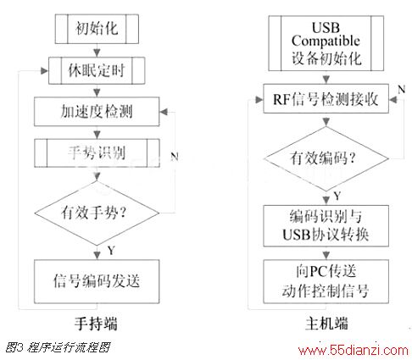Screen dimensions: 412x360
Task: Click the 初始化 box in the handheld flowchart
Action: [97, 29]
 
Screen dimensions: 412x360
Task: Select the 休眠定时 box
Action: [97, 70]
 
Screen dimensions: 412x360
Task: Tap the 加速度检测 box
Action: [97, 112]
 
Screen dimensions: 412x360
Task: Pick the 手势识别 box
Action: [97, 153]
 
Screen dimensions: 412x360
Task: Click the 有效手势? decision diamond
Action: [97, 213]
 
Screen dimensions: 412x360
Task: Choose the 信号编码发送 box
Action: [97, 281]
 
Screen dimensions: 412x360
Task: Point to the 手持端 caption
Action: [96, 324]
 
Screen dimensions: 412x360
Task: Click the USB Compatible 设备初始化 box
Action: [326, 43]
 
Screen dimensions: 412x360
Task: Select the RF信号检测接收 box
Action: [326, 99]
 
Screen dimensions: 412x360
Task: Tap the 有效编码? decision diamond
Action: [326, 158]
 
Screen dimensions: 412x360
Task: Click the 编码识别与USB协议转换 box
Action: [326, 226]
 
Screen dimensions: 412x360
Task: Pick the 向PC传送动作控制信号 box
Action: [326, 281]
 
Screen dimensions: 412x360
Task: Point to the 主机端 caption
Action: [326, 324]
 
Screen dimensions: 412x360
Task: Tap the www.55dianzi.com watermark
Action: [354, 351]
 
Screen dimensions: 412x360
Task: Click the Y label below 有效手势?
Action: [111, 250]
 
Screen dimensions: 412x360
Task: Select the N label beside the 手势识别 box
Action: [175, 156]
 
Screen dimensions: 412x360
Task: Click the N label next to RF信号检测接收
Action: [401, 90]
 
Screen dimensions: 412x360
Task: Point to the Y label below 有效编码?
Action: [337, 196]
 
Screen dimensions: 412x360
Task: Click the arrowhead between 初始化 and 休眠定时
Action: [97, 53]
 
